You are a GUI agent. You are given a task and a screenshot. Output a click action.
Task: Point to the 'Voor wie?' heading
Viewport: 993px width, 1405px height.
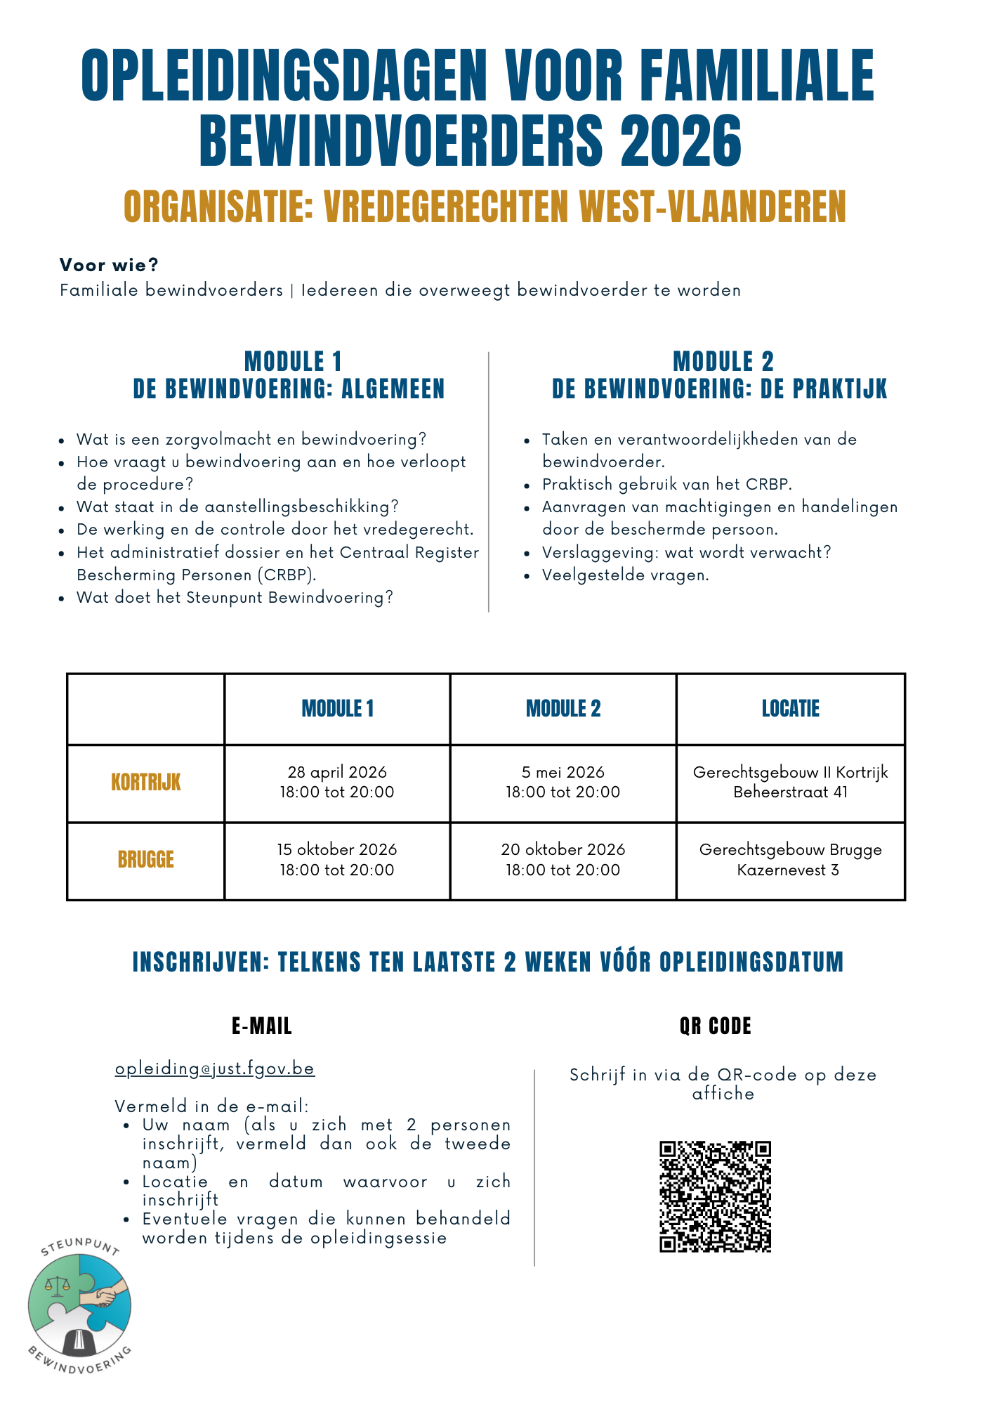coord(109,265)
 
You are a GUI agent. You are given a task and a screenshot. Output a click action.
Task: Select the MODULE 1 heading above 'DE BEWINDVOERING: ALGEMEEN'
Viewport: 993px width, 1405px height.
coord(293,361)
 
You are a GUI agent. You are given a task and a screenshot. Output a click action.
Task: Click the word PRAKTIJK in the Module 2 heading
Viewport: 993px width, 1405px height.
coord(839,388)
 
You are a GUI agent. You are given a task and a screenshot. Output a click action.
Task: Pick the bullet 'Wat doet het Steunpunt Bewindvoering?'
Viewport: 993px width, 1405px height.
coord(235,597)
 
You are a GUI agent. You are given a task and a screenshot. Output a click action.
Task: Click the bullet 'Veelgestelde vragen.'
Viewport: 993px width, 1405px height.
coord(625,575)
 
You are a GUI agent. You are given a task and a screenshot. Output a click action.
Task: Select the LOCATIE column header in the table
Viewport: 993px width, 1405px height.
coord(790,708)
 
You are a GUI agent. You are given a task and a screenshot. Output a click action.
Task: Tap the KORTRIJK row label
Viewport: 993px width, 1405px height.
coord(145,782)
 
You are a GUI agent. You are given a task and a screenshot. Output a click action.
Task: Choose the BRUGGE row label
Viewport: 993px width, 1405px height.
coord(145,859)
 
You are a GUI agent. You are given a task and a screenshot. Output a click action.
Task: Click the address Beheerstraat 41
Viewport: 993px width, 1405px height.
coord(790,792)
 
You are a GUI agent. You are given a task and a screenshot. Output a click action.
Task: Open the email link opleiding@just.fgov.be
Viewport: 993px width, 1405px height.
coord(215,1069)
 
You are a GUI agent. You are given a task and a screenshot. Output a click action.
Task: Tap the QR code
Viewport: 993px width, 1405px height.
coord(715,1196)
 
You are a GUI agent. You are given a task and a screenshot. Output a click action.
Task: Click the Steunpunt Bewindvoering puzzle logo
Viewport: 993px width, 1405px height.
coord(79,1305)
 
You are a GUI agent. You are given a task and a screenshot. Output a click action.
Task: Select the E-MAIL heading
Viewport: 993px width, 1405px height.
coord(261,1026)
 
